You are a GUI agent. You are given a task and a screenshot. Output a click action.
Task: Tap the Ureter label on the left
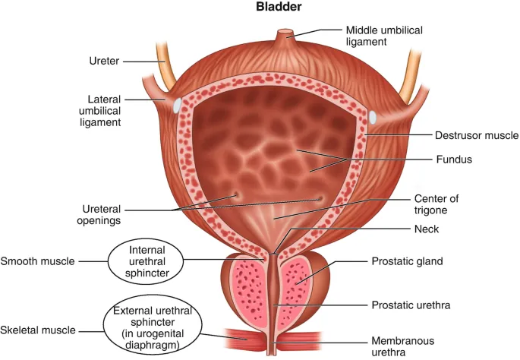click(x=104, y=62)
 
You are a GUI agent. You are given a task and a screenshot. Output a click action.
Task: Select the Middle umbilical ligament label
click(x=383, y=36)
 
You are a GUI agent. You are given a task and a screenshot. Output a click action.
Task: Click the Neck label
click(x=422, y=228)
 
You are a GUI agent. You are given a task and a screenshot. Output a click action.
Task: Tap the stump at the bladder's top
click(x=286, y=35)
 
